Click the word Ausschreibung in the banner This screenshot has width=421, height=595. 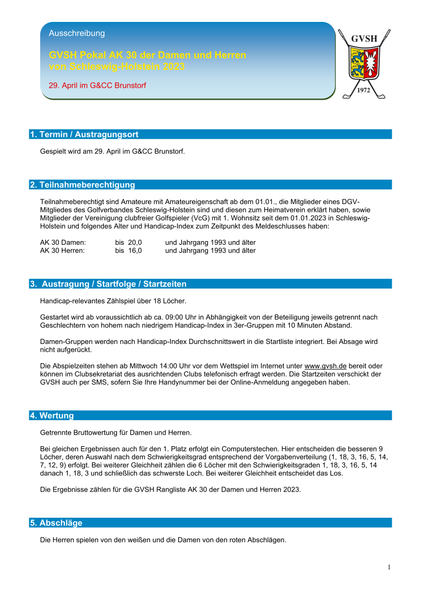tap(77, 33)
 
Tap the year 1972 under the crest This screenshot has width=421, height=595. tap(364, 90)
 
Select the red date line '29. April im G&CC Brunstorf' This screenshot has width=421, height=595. tap(97, 85)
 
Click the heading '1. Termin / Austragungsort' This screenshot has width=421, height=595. tap(84, 135)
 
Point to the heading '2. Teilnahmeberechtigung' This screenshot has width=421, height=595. tap(83, 185)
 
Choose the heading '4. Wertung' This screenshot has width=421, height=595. tap(52, 415)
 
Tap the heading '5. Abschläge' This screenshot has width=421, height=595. tap(56, 523)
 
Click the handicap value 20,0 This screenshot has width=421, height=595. tap(135, 243)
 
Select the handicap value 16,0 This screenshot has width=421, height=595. tap(135, 251)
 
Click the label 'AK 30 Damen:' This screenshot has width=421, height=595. tap(63, 243)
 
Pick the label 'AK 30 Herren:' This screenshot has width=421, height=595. tap(63, 251)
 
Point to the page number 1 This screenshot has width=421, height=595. tap(389, 567)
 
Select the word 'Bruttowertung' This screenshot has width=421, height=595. tap(97, 432)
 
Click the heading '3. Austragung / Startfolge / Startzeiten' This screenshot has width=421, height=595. tap(108, 284)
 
